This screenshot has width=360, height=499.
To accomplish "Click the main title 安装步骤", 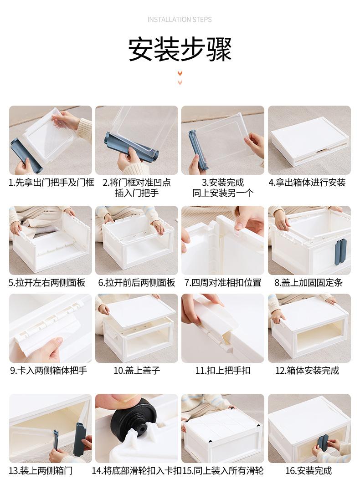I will click(180, 49).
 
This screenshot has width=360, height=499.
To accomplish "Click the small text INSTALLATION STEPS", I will click(180, 20).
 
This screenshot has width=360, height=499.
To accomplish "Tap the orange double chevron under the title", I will click(180, 77).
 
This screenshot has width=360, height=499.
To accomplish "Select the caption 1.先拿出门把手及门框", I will click(51, 183).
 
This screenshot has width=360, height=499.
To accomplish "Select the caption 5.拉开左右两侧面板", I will click(47, 283).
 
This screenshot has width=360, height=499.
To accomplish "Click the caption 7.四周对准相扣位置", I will click(223, 283).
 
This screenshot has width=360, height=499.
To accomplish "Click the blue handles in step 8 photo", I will click(340, 252).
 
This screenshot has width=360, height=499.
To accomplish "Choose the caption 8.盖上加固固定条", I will click(308, 283).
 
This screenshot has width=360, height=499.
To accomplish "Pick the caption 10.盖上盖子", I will click(137, 371).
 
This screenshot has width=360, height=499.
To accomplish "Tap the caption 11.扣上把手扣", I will click(223, 371).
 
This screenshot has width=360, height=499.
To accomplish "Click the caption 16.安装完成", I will click(309, 471).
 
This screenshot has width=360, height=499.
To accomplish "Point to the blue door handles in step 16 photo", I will click(323, 443).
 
